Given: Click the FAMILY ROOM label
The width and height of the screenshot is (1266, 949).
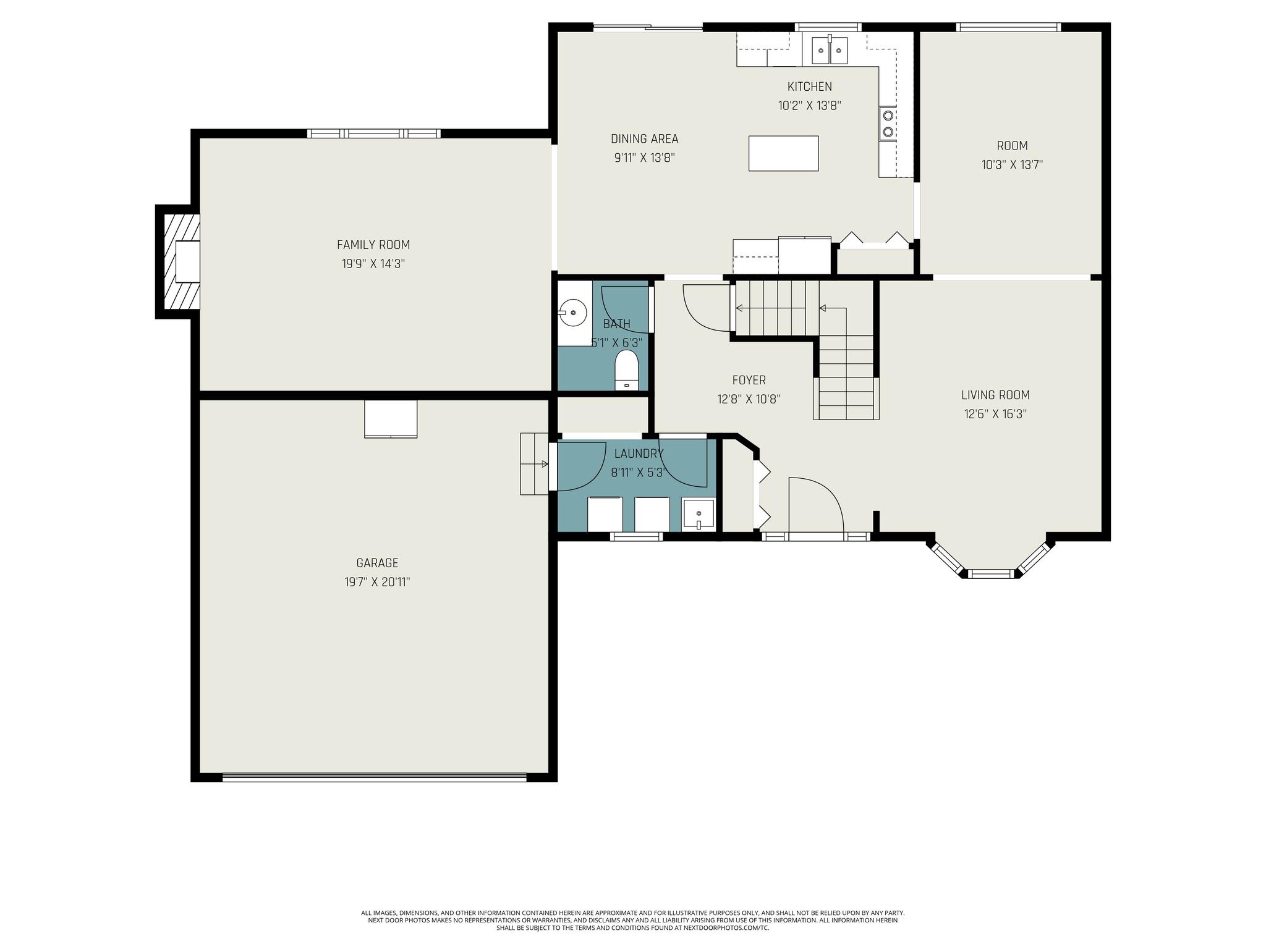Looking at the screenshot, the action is [x=373, y=245].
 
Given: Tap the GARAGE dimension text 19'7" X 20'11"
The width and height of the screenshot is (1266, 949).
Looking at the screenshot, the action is [x=377, y=582].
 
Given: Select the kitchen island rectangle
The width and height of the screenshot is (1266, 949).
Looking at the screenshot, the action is [x=783, y=153].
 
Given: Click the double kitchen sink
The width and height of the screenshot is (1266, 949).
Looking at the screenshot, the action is [x=829, y=49].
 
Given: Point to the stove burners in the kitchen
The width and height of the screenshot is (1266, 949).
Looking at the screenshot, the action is [x=888, y=124].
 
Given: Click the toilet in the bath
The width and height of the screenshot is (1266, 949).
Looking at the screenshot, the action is [x=627, y=370].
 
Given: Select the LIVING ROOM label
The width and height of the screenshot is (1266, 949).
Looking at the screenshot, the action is [x=995, y=395].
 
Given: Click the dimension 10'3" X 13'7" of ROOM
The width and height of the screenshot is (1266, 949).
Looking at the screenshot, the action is [x=1012, y=165].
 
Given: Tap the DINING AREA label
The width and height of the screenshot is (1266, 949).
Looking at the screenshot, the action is [x=644, y=139].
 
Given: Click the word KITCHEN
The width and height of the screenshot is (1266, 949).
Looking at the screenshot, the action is [x=809, y=86].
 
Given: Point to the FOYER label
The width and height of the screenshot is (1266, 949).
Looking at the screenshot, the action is [x=749, y=380].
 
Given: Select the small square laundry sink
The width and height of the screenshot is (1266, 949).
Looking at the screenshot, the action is [x=699, y=515].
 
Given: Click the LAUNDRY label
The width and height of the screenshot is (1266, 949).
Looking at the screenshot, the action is [x=639, y=453].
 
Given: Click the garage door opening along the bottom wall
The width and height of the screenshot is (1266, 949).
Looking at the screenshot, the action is [x=375, y=777].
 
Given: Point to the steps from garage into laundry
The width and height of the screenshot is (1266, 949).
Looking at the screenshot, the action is [x=535, y=464].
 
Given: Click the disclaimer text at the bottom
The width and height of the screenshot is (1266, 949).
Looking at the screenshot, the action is [x=632, y=920].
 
